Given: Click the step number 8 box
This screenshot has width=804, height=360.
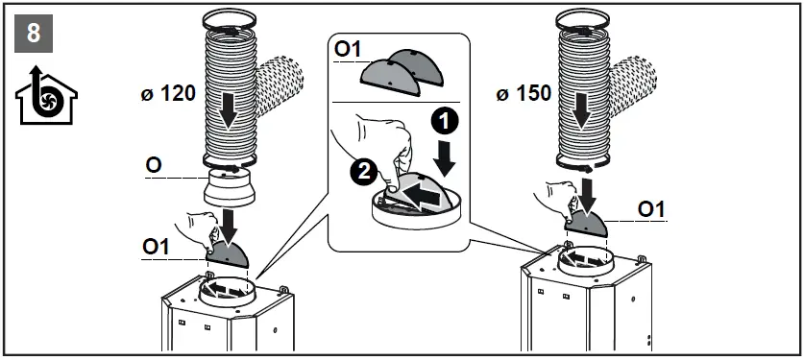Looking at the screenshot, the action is (x=34, y=34).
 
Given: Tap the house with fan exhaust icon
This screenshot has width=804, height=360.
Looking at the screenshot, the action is (x=46, y=95).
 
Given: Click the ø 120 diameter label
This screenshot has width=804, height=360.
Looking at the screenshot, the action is (x=168, y=94).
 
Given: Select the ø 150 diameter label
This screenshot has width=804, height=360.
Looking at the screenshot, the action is (x=524, y=94).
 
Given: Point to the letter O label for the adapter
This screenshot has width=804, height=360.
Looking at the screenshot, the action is (x=154, y=165).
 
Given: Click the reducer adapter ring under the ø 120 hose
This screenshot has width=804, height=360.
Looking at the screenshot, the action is (x=230, y=188).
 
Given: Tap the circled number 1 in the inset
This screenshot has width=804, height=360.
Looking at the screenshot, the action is (x=444, y=122).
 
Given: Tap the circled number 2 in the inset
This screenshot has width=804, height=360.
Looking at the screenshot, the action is (x=363, y=171).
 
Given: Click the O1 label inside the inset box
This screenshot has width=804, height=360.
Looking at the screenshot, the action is (x=348, y=49).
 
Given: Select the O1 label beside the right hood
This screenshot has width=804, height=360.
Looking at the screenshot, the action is (x=651, y=209).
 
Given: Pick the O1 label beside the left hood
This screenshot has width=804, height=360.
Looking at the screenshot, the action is (x=156, y=247).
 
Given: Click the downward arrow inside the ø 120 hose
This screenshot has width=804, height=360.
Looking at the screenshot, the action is (x=228, y=110).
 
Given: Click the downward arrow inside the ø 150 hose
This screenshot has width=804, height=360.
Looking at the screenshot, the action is (x=581, y=110).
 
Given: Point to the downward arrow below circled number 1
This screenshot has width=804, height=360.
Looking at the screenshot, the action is (x=444, y=157).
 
